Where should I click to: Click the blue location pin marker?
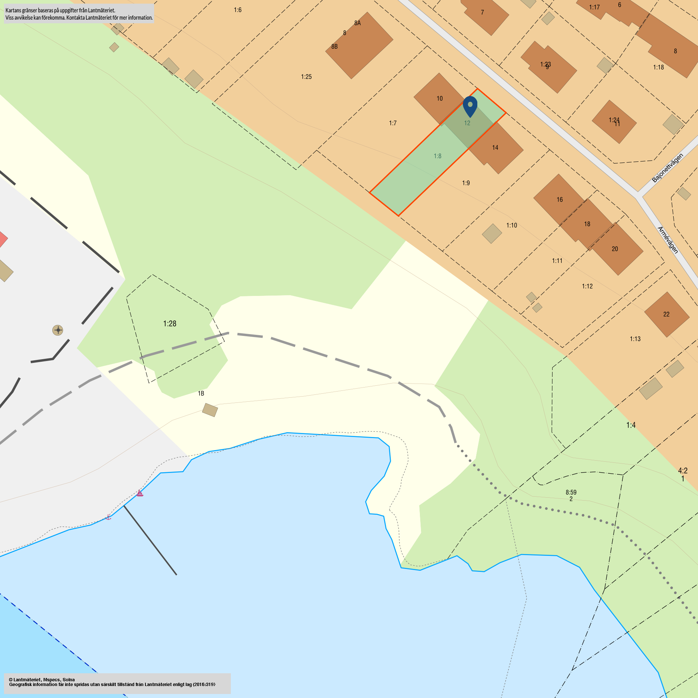[x=470, y=105]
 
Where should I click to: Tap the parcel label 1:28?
[x=170, y=324]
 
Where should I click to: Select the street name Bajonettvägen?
[x=667, y=168]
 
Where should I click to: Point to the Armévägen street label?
[x=668, y=240]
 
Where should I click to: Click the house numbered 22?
[x=666, y=314]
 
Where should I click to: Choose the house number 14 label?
[x=495, y=148]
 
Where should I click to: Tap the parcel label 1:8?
[x=437, y=156]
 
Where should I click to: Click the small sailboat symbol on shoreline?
[x=140, y=493]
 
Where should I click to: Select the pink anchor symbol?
[x=108, y=517]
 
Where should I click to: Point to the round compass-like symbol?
[x=58, y=330]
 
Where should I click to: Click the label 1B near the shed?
[x=201, y=393]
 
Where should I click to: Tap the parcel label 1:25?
[x=306, y=77]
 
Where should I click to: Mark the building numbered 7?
[x=484, y=15]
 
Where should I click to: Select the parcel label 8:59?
[x=571, y=492]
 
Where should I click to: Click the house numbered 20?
[x=615, y=249]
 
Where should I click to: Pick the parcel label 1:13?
[x=635, y=339]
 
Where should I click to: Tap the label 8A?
[x=357, y=23]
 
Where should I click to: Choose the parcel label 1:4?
[x=631, y=425]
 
